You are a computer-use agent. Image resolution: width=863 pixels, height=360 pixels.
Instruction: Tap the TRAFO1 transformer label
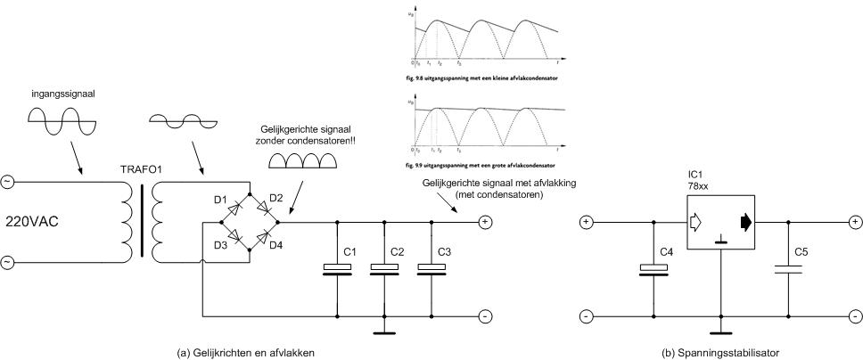[137, 168]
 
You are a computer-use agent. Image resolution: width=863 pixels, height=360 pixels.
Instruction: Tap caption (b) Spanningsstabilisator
[720, 353]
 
